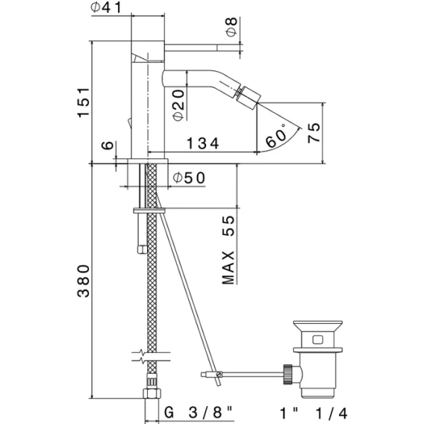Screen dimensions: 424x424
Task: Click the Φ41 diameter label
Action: pyautogui.click(x=106, y=7)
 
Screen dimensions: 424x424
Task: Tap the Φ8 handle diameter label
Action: pyautogui.click(x=231, y=27)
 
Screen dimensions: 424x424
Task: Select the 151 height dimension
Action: pyautogui.click(x=84, y=102)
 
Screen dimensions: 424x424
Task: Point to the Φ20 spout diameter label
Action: pyautogui.click(x=178, y=105)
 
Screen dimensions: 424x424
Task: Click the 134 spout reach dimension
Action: pyautogui.click(x=203, y=143)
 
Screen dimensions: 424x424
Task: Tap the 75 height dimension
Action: pyautogui.click(x=314, y=133)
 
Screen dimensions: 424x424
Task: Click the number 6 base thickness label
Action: pyautogui.click(x=107, y=146)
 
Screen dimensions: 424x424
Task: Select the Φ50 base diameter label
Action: pyautogui.click(x=189, y=178)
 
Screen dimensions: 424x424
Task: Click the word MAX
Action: pyautogui.click(x=228, y=268)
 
